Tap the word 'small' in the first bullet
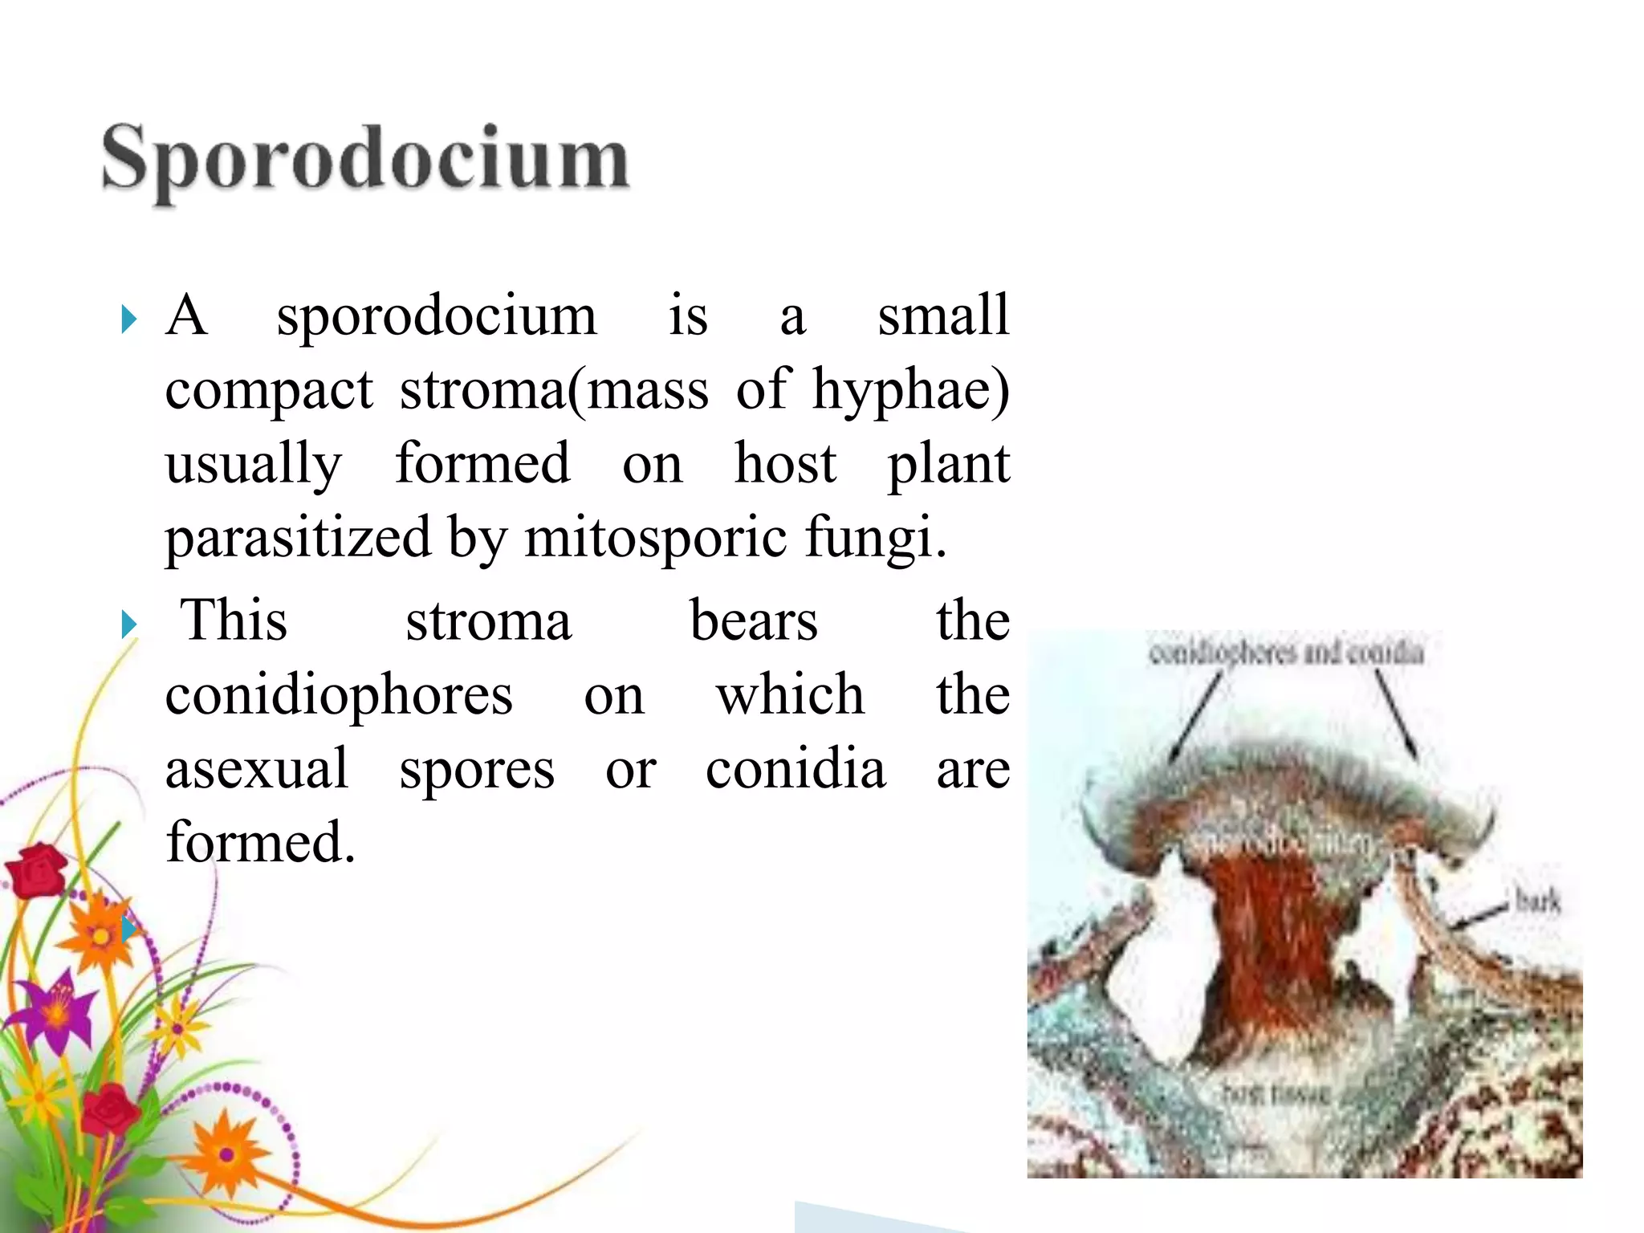click(x=942, y=315)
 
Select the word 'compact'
click(x=269, y=390)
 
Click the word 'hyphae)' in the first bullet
click(x=910, y=390)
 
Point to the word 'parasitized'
click(x=298, y=537)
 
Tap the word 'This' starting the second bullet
click(x=234, y=621)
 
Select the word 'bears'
click(x=754, y=621)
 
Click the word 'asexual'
click(x=257, y=768)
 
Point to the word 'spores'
click(x=477, y=770)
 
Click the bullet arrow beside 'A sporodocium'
click(x=128, y=319)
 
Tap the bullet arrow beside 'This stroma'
click(x=128, y=624)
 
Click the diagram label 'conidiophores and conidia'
click(x=1286, y=653)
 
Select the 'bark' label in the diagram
click(x=1537, y=901)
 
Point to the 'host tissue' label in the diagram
click(x=1276, y=1093)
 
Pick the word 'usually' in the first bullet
click(x=254, y=464)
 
